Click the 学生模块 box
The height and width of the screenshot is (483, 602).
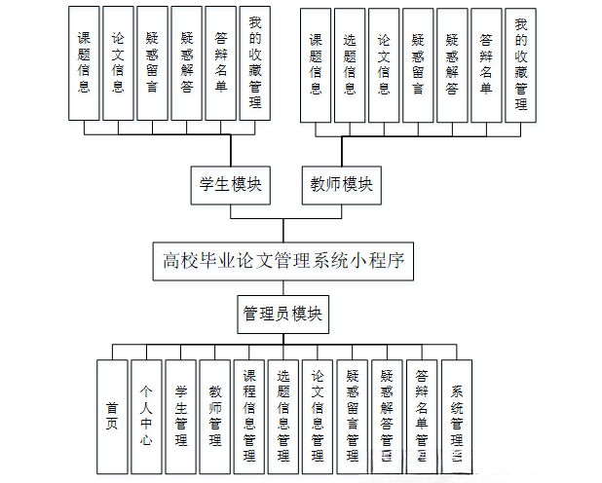(x=231, y=184)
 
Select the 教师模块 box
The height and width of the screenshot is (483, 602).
(x=342, y=184)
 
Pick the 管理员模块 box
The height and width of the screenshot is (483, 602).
(x=283, y=315)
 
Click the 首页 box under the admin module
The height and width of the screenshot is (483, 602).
(x=113, y=417)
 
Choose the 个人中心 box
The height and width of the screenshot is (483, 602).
(x=147, y=417)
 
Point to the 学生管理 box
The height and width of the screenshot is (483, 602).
(x=181, y=417)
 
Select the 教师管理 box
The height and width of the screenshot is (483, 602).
(x=215, y=417)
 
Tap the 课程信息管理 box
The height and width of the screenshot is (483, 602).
(x=249, y=417)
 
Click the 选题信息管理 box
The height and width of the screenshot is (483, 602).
(x=283, y=417)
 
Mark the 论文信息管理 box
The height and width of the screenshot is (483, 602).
(x=318, y=417)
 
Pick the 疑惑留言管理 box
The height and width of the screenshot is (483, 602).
(x=353, y=417)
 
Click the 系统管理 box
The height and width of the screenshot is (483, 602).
(x=456, y=417)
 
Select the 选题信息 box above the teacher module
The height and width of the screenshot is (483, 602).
(x=350, y=65)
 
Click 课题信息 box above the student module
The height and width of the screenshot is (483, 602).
(x=85, y=62)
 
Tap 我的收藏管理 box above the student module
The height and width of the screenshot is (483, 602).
(x=255, y=62)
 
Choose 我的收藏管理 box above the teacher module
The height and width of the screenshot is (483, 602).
(x=521, y=65)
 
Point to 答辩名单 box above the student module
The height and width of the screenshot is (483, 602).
(x=221, y=62)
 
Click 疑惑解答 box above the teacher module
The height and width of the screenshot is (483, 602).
(x=452, y=65)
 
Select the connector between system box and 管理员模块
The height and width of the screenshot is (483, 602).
(x=283, y=288)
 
